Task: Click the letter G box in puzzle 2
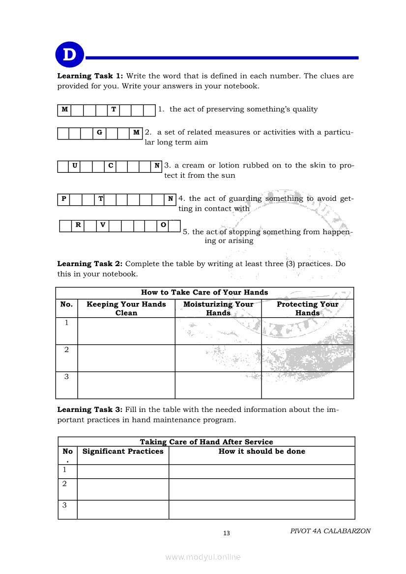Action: (x=99, y=133)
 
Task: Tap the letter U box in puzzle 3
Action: (x=75, y=166)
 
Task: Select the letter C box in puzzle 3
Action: (x=111, y=166)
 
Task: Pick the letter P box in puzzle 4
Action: (x=63, y=199)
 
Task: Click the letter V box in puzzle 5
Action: (x=102, y=225)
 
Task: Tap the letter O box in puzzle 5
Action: (x=163, y=225)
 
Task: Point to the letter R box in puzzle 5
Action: (x=78, y=225)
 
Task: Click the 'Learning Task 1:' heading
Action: (x=90, y=76)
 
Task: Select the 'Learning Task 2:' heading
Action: (x=90, y=264)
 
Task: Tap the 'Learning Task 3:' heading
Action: (x=90, y=410)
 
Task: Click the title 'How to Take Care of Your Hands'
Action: (x=204, y=293)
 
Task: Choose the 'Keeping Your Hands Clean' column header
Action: (x=126, y=308)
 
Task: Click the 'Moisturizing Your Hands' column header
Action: (x=218, y=308)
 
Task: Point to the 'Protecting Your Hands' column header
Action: (x=307, y=308)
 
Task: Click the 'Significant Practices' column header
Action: (x=123, y=452)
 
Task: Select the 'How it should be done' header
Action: (x=261, y=452)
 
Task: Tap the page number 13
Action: (x=227, y=533)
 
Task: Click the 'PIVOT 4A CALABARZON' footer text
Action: (x=330, y=531)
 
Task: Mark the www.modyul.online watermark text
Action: (x=203, y=557)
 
